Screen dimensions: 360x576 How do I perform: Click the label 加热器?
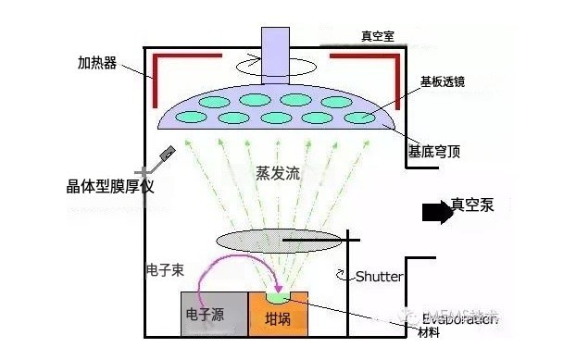click(96, 64)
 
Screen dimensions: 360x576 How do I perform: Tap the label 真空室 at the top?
click(379, 38)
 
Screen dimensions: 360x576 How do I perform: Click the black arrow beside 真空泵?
click(432, 212)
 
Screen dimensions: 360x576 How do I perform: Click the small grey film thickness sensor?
click(169, 155)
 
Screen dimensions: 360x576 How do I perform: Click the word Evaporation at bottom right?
click(457, 317)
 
